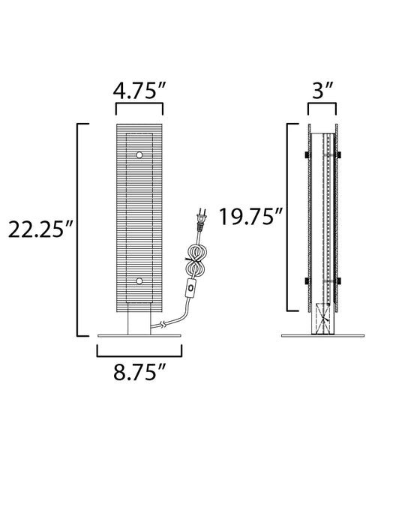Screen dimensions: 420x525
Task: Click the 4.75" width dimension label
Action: [139, 91]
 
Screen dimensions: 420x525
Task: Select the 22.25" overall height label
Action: [40, 229]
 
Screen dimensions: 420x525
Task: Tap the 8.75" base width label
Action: [139, 372]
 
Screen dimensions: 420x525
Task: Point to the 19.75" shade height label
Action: [250, 216]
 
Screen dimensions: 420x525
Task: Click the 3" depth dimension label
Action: [322, 91]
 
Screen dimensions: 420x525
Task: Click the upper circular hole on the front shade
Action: [139, 154]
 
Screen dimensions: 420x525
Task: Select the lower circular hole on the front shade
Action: [139, 281]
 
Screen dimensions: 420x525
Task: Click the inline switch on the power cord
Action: [191, 288]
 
